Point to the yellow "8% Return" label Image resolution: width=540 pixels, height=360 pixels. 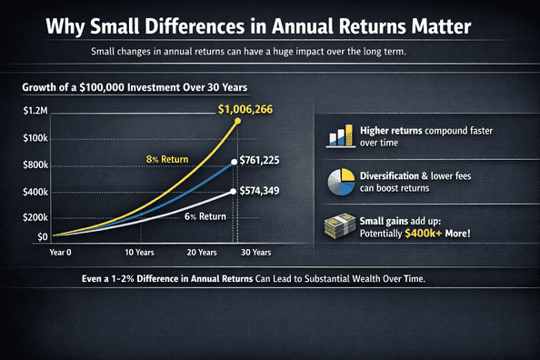point(166,160)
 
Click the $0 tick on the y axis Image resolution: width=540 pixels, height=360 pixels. point(17,236)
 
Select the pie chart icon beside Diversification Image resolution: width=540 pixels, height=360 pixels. point(340,181)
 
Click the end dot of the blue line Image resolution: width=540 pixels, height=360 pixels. point(235,162)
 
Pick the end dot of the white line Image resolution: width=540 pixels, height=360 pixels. point(235,191)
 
